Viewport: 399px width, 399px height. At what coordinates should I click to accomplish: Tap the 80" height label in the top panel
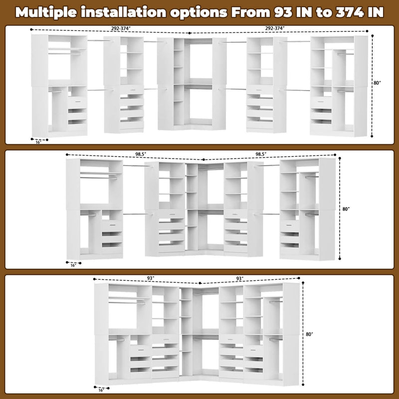(x=377, y=83)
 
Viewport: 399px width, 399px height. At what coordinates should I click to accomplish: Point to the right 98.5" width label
(x=263, y=154)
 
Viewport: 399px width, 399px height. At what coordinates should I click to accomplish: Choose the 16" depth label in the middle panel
(x=73, y=265)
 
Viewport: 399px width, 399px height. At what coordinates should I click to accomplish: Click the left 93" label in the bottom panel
(x=151, y=278)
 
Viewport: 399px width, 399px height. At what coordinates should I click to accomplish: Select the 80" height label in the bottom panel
(x=310, y=334)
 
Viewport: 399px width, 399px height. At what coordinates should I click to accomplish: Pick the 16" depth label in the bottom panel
(x=102, y=390)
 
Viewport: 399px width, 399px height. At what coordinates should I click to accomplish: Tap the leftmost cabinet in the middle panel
(x=95, y=208)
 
